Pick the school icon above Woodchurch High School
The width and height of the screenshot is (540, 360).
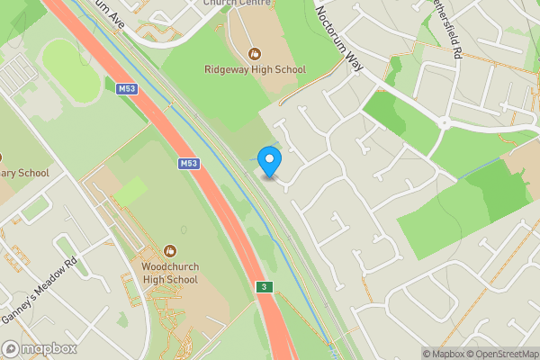(x=170, y=250)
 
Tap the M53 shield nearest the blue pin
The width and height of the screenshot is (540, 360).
(x=188, y=163)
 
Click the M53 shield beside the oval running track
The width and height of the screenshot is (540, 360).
(x=125, y=88)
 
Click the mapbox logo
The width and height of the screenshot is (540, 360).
(x=38, y=348)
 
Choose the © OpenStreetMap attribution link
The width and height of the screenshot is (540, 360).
(x=501, y=354)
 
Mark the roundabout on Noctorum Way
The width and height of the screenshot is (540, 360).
(x=443, y=122)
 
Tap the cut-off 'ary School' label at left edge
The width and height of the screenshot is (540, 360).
(x=22, y=173)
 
